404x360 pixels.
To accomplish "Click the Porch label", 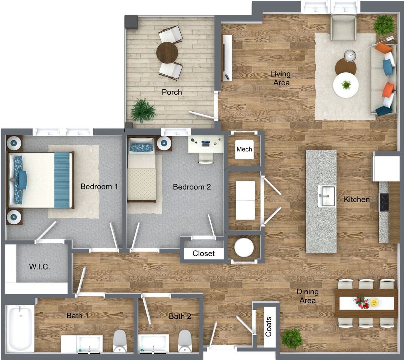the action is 172,92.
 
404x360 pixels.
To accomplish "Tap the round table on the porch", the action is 167,52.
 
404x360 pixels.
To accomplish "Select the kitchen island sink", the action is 327,196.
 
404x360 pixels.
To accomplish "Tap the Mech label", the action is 244,149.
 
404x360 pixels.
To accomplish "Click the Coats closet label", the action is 268,327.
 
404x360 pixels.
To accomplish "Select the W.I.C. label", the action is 39,267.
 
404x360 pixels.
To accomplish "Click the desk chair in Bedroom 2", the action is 206,158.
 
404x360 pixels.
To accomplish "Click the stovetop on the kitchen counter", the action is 384,202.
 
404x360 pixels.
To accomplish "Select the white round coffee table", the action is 345,85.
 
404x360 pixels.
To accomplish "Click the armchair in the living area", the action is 343,27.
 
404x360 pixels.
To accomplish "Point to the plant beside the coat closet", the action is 292,339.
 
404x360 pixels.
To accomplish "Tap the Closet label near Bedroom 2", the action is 204,253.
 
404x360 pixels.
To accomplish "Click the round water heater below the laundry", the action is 244,247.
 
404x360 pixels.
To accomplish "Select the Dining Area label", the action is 308,296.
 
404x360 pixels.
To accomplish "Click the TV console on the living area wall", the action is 227,58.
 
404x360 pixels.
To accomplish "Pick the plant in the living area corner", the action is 384,25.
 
